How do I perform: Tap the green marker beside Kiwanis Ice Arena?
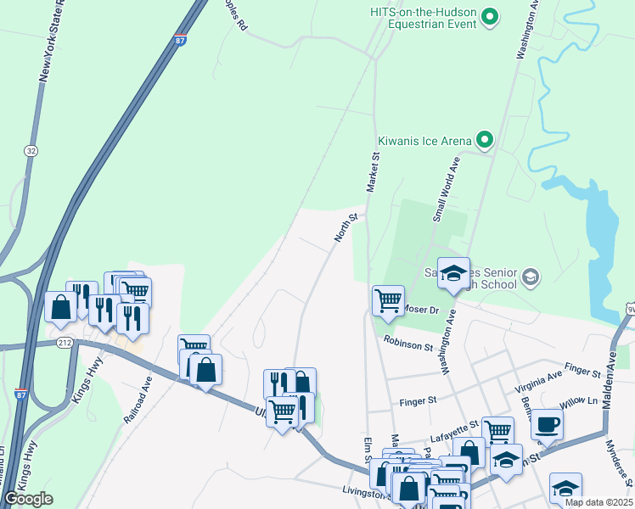(485, 140)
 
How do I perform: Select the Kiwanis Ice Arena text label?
(424, 142)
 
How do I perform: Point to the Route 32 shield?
(31, 150)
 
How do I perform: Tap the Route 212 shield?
(65, 343)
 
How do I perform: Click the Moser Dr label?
(421, 310)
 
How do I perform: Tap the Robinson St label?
(407, 344)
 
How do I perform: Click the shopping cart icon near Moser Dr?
(387, 299)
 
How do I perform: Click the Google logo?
(29, 499)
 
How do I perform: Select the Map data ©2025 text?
(598, 502)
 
